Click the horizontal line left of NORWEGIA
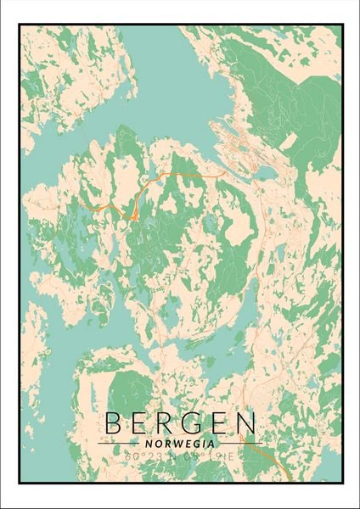[x=119, y=443]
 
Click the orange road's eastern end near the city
[x=222, y=173]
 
